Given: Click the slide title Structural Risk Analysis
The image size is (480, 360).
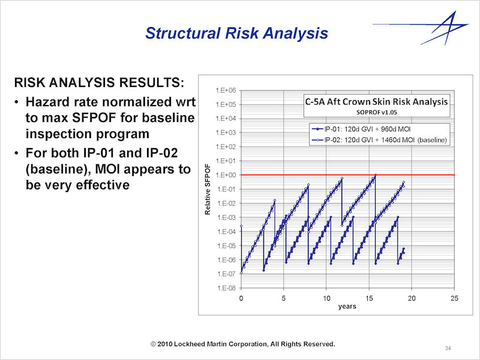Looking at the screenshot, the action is [236, 33].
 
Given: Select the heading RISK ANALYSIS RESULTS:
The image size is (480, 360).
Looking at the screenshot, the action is [99, 82].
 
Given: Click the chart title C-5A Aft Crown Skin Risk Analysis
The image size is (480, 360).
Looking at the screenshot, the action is [377, 101].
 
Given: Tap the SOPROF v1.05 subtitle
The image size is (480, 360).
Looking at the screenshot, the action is [377, 112].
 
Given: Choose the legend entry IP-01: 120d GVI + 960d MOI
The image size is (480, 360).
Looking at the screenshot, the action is [361, 129].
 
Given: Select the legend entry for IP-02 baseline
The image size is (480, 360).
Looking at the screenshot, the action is [379, 140].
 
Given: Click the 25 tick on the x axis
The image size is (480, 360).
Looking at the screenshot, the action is [454, 298].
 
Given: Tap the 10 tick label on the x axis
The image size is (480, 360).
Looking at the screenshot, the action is [326, 298].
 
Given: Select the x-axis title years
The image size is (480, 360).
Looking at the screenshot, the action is [347, 307].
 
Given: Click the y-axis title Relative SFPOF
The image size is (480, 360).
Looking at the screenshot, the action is [208, 190].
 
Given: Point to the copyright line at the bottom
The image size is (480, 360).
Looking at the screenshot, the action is [243, 344].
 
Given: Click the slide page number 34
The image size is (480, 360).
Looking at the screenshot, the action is [448, 348].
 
